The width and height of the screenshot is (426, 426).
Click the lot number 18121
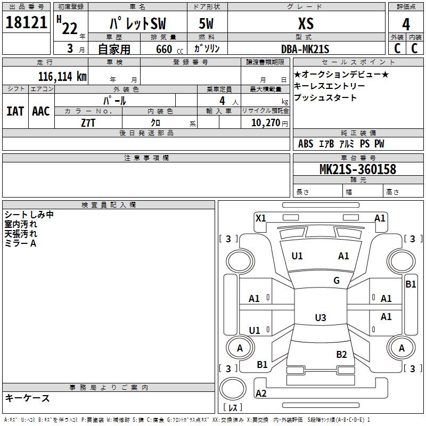coord(26,22)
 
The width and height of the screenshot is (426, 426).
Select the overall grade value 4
coord(406,24)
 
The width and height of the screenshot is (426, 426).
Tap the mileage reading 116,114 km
coord(62,77)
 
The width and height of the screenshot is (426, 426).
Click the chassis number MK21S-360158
coord(358,169)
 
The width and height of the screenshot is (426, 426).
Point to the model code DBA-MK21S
coord(305,49)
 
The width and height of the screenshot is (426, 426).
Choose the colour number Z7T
coord(88,123)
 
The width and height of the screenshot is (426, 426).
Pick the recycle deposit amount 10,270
coord(266,123)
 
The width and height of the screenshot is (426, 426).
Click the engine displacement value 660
coord(164,49)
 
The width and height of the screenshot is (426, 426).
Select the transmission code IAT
coord(15,111)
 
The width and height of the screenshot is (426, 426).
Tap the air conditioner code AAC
coord(41,111)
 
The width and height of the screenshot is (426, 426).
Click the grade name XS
coord(306,23)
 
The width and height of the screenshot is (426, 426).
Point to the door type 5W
coord(206,23)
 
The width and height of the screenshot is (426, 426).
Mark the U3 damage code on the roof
coord(321,317)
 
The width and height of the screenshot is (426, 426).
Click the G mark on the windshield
coord(337,281)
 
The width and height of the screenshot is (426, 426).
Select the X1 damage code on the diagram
coord(260,218)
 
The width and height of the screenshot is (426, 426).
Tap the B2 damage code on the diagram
coord(341,355)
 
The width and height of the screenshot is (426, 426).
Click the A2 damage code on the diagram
coord(261,393)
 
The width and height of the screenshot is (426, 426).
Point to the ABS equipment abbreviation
coord(306,144)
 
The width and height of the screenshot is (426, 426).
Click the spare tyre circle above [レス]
coord(233,389)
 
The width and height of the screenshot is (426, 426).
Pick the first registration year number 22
coord(70,28)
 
